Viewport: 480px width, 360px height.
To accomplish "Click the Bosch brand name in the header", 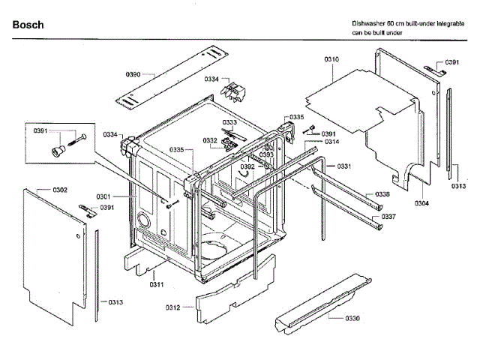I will pos(28,25).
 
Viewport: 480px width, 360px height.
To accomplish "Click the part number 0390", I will pos(133,74).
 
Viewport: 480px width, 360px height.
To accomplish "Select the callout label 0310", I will pos(331,58).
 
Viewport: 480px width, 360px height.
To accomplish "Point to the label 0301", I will pos(103,196).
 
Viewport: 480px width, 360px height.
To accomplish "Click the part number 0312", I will pos(173,307).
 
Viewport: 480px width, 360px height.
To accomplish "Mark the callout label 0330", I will pos(352,319).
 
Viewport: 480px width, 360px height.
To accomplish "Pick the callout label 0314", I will pos(331,142).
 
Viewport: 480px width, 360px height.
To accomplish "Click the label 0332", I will pos(209,140).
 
